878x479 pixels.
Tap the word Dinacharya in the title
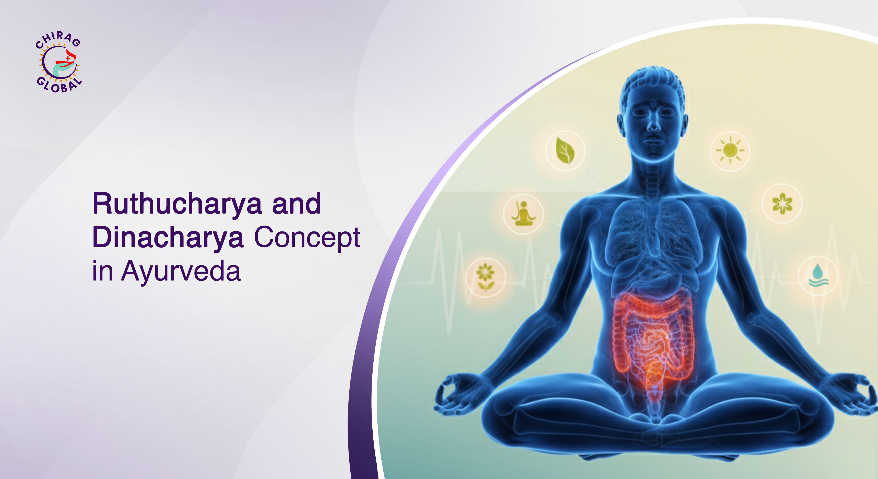click(x=168, y=238)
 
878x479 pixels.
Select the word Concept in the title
click(x=307, y=238)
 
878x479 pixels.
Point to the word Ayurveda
click(x=181, y=271)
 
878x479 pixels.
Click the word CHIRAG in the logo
click(x=58, y=39)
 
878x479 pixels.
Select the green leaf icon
click(x=565, y=151)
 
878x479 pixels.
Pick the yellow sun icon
click(x=730, y=150)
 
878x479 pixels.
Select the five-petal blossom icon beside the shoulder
click(x=782, y=204)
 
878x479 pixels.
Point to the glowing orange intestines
click(x=653, y=337)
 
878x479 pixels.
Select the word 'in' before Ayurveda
click(x=102, y=271)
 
